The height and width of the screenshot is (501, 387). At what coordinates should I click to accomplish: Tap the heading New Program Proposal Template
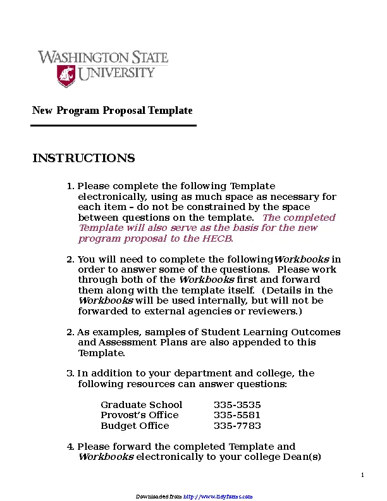click(112, 111)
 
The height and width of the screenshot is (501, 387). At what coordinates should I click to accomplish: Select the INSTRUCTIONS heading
click(83, 158)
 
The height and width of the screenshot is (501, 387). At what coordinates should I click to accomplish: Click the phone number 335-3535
click(237, 405)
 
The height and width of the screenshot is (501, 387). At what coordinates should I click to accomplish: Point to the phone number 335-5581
click(237, 415)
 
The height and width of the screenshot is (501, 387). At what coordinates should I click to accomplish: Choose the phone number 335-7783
click(237, 426)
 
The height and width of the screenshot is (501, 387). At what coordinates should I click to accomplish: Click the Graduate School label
click(141, 405)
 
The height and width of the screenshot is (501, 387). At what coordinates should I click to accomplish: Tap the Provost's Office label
click(139, 415)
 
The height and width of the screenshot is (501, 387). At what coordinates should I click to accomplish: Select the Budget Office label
click(135, 426)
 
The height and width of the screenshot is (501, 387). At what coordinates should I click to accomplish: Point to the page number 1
click(362, 475)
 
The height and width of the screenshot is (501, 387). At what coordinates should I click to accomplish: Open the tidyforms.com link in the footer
click(218, 497)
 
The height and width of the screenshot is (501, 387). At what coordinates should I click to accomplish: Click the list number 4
click(70, 447)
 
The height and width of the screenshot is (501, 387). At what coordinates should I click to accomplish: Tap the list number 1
click(70, 186)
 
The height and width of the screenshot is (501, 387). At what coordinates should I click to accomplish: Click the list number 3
click(70, 373)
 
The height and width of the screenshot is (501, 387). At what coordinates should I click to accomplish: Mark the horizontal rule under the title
click(114, 125)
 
